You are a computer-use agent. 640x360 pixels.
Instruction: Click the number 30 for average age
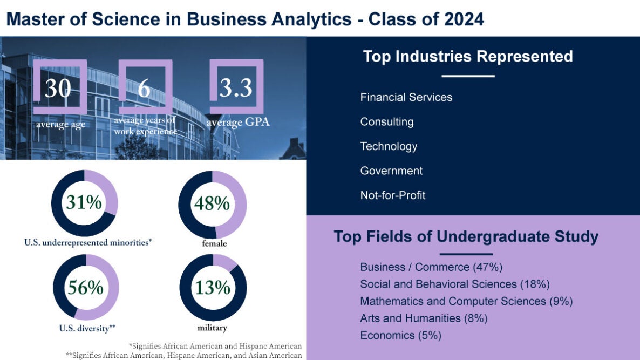click(x=58, y=88)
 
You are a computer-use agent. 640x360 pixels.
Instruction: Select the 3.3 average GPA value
click(x=236, y=88)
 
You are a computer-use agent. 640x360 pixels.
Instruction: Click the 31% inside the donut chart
click(x=84, y=203)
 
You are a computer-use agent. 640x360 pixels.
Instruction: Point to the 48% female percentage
click(x=212, y=203)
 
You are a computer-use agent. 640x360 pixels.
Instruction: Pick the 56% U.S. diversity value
click(x=85, y=288)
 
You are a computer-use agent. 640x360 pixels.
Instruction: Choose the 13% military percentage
click(x=213, y=288)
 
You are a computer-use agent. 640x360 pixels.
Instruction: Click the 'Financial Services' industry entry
click(x=406, y=97)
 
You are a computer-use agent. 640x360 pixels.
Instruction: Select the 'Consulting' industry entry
click(x=387, y=121)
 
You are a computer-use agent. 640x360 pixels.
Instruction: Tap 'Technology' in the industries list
click(x=389, y=146)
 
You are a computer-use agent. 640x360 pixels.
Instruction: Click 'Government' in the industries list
click(x=391, y=171)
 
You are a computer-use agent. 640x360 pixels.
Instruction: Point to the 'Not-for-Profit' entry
click(x=392, y=195)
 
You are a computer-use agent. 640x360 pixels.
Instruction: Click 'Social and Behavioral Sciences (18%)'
click(x=454, y=284)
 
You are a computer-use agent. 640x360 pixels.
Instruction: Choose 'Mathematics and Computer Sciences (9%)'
click(x=466, y=301)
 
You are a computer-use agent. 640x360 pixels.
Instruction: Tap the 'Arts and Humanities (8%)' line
click(x=424, y=318)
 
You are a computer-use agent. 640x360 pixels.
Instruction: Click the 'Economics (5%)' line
click(x=400, y=335)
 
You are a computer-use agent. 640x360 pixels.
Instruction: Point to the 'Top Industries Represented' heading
click(x=467, y=57)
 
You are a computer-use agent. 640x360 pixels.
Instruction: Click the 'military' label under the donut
click(x=212, y=328)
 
